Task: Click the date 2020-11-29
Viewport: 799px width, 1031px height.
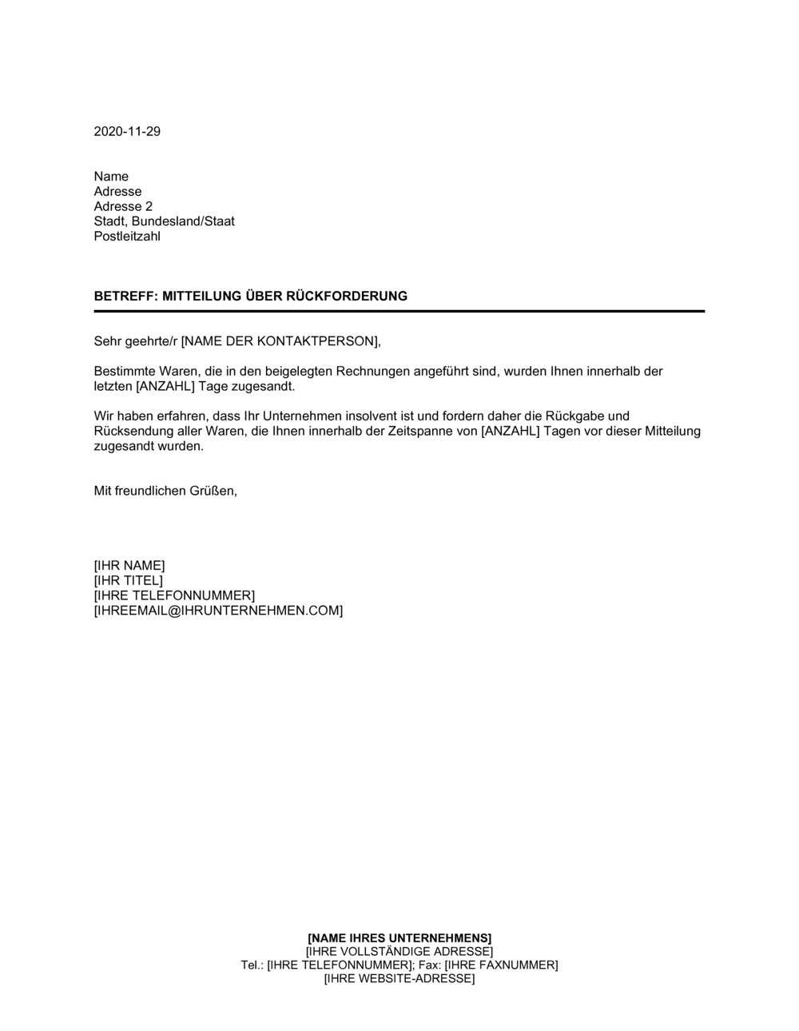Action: click(x=127, y=132)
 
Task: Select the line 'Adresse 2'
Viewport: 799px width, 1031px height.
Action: click(x=123, y=207)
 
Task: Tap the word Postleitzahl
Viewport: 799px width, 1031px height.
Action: click(x=127, y=237)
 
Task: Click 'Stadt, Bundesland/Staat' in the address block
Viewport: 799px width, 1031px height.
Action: click(x=164, y=222)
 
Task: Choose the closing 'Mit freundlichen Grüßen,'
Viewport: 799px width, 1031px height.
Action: click(x=165, y=492)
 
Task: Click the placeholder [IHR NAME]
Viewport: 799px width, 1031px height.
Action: click(x=129, y=566)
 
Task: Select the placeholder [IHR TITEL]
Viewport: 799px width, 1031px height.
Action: click(x=128, y=581)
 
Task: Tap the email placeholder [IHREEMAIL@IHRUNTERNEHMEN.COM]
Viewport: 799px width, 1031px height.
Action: click(x=218, y=611)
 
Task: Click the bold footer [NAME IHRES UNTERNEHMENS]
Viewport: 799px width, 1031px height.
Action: click(x=399, y=938)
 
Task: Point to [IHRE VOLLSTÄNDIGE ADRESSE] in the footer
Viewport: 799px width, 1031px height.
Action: click(x=399, y=952)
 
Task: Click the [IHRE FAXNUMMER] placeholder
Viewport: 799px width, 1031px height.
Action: click(x=501, y=965)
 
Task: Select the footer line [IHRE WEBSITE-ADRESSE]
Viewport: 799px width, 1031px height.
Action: click(x=399, y=979)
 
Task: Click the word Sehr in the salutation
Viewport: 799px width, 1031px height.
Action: click(x=107, y=341)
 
